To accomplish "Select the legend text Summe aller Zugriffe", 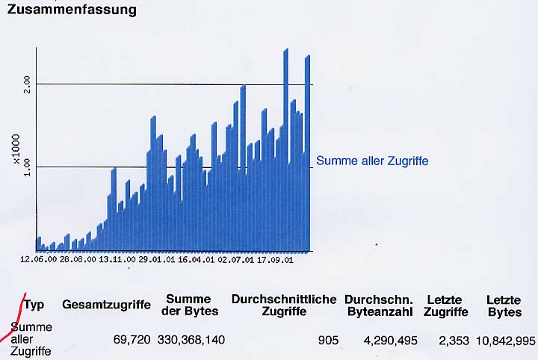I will tap(372, 161).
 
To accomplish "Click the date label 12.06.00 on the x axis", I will tap(39, 260).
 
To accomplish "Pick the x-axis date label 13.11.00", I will tap(117, 260).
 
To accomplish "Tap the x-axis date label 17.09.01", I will tap(274, 260).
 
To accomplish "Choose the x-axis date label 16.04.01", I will tap(196, 260).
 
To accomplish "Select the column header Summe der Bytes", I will tap(191, 305).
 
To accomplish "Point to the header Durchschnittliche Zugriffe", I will tap(284, 305).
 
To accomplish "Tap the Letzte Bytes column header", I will tap(504, 305).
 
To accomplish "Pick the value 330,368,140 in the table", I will tap(191, 341).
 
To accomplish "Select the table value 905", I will tap(328, 341).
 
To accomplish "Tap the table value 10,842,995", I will tap(504, 341).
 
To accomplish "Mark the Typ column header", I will tap(34, 305).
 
